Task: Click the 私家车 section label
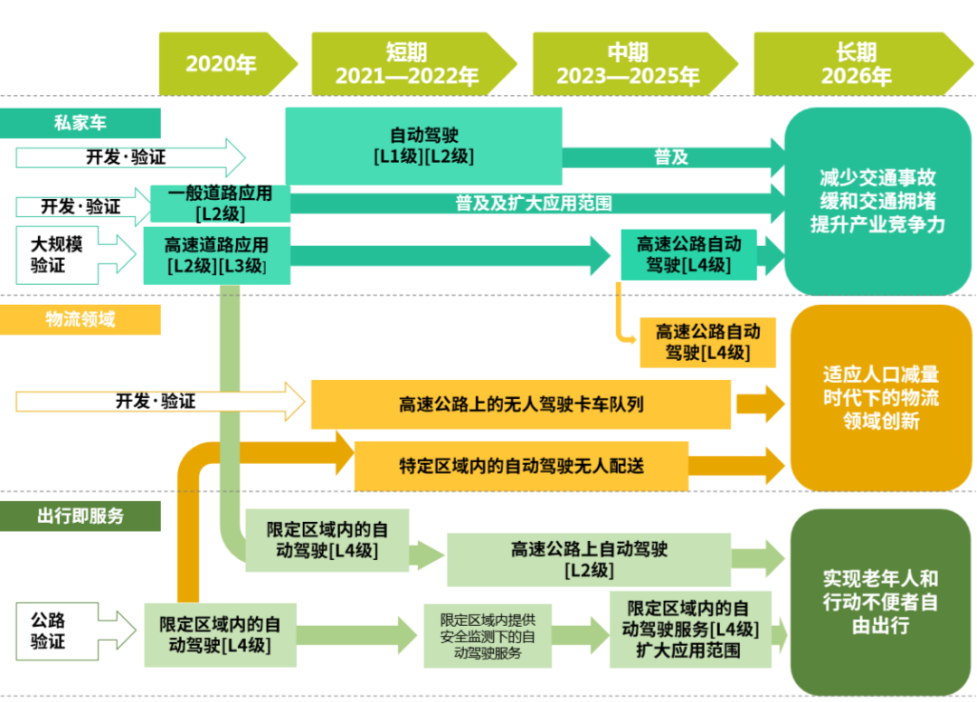click(x=81, y=123)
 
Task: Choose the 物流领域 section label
click(x=81, y=319)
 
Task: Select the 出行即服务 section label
click(x=81, y=516)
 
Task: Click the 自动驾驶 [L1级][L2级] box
click(x=423, y=146)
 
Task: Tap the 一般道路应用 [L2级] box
click(x=220, y=204)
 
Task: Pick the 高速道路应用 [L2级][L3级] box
click(x=216, y=256)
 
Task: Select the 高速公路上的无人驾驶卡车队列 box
click(x=521, y=404)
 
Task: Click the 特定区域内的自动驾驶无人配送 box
click(x=521, y=466)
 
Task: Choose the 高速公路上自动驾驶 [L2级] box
click(x=588, y=559)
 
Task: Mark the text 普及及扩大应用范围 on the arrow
click(x=534, y=204)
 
